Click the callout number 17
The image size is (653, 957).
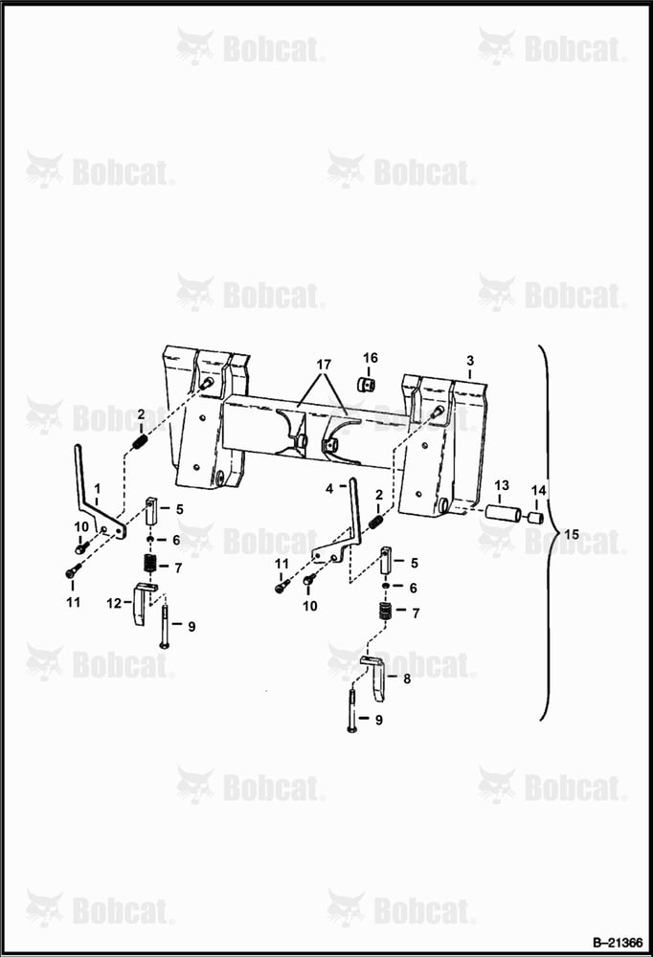(x=324, y=365)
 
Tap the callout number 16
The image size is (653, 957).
(x=371, y=358)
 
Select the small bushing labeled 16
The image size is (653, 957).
(x=367, y=386)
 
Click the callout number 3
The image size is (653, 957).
(x=470, y=361)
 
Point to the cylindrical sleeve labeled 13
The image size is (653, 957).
(x=503, y=513)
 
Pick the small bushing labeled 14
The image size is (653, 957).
(x=536, y=519)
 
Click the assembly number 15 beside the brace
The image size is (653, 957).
(x=572, y=535)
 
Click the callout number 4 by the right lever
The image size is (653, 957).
(x=330, y=489)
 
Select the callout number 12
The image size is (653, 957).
(x=114, y=604)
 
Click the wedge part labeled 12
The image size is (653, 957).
(x=143, y=604)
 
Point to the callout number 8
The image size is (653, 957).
(x=407, y=679)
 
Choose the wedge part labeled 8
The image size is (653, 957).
(x=375, y=678)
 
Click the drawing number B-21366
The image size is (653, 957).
(x=618, y=943)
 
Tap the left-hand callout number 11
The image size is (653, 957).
(x=74, y=602)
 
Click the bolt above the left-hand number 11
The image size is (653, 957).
(x=73, y=570)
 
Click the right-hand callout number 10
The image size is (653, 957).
(x=310, y=606)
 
